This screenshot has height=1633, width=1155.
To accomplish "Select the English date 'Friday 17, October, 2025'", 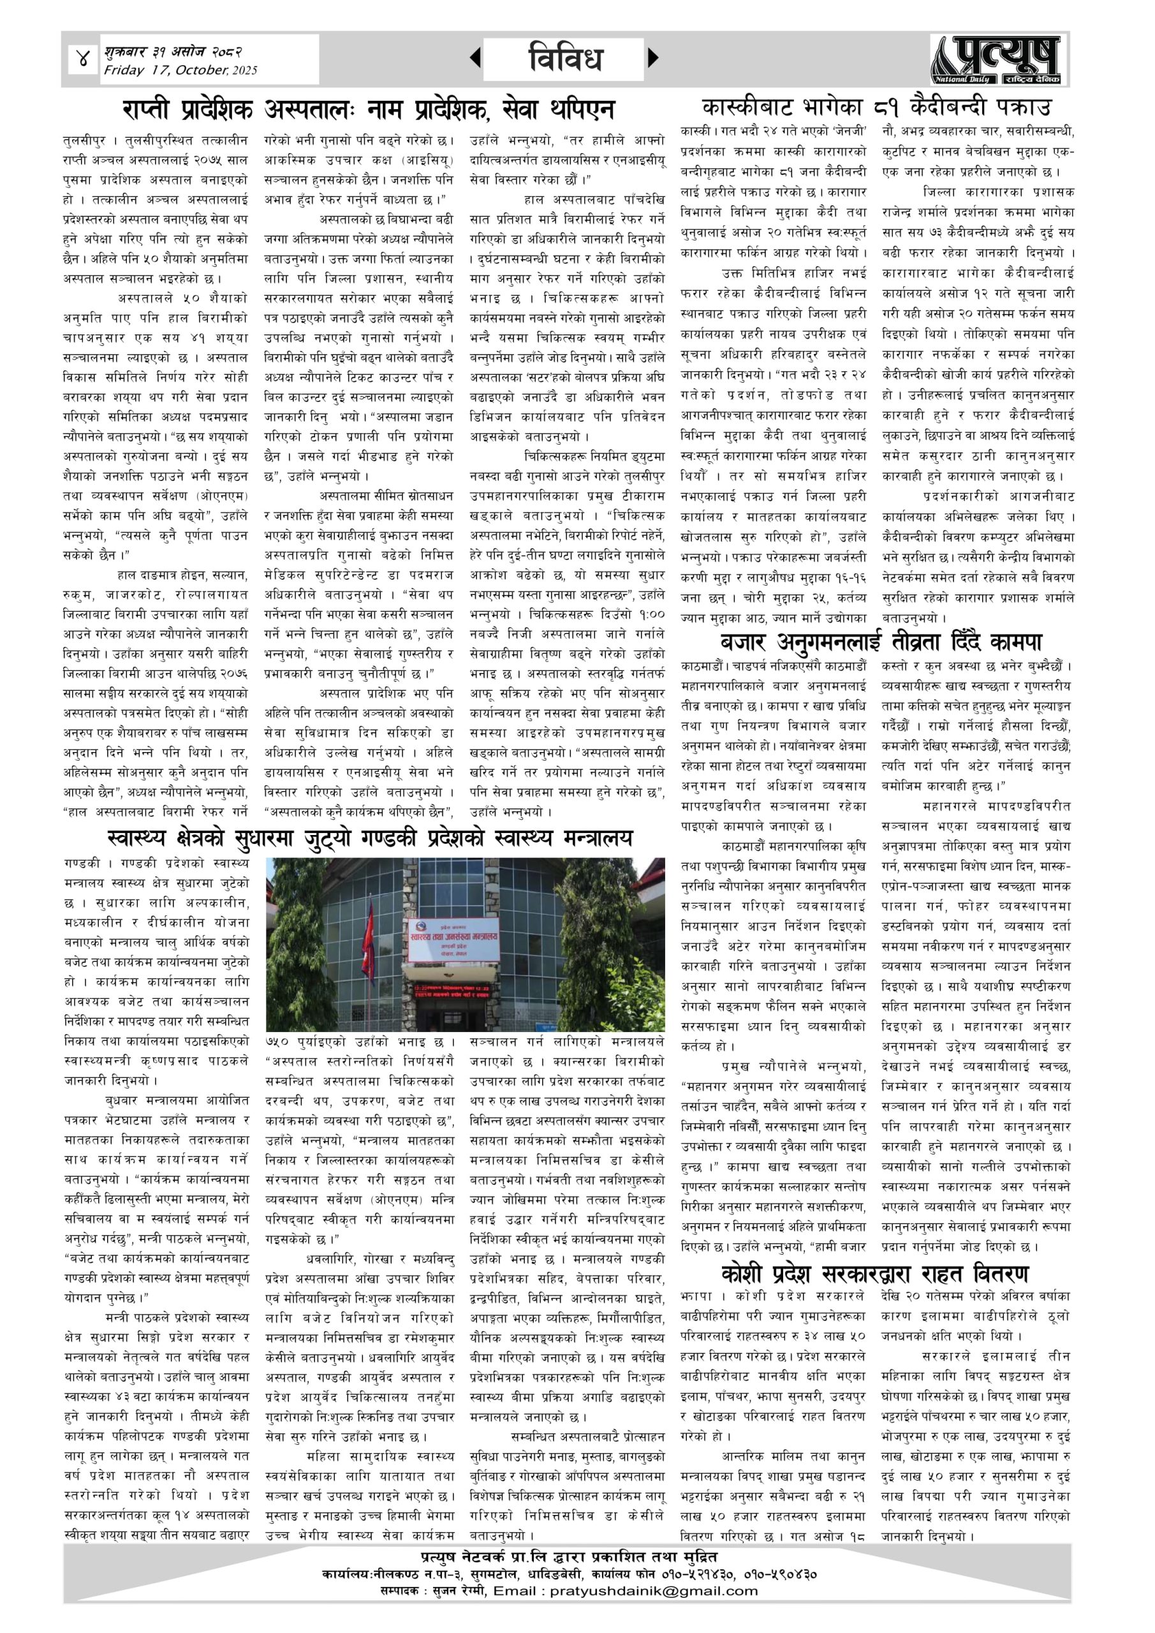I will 180,70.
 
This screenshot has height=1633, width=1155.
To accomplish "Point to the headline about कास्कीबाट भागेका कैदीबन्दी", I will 876,108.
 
